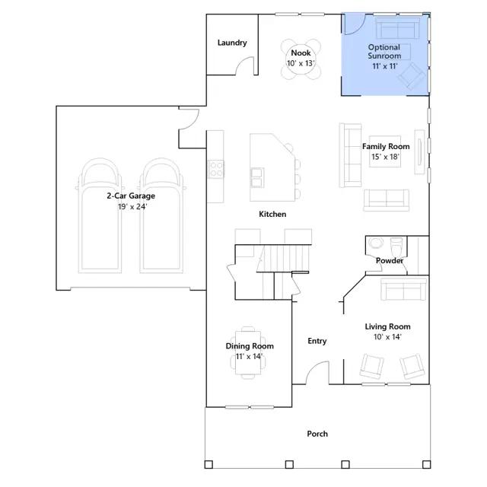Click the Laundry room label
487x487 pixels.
click(232, 43)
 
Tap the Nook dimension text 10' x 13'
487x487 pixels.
click(301, 63)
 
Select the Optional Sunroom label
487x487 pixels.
click(384, 52)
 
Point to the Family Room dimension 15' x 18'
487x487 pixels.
click(386, 157)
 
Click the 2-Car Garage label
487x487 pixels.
click(131, 196)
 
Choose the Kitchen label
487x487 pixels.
click(272, 214)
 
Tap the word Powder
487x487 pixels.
click(389, 260)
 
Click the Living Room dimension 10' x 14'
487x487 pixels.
click(387, 337)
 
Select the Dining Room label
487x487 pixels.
click(250, 346)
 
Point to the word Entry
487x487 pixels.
click(317, 341)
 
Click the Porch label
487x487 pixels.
click(317, 434)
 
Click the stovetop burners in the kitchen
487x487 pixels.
click(215, 169)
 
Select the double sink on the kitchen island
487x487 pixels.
click(257, 177)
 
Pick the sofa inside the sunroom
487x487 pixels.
click(398, 28)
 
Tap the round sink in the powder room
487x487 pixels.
click(376, 243)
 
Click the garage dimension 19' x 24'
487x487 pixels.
click(132, 207)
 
